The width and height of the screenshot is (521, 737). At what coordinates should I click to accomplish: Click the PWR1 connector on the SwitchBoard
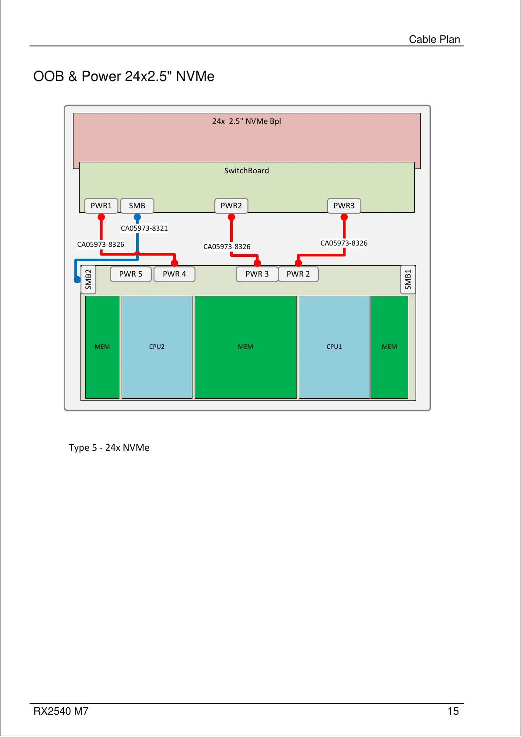pos(101,206)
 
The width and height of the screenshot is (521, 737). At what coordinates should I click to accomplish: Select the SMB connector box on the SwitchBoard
pos(137,206)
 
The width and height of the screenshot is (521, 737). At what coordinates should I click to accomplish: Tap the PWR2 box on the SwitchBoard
pos(231,206)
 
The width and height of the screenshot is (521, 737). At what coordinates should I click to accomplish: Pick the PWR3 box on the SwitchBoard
pos(344,206)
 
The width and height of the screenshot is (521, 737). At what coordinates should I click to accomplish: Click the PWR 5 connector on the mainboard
pos(131,274)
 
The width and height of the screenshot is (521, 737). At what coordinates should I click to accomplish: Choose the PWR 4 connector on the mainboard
pos(174,274)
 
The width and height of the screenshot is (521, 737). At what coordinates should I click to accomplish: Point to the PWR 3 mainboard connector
pos(257,274)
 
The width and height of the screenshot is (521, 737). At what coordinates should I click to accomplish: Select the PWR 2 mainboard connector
pos(298,274)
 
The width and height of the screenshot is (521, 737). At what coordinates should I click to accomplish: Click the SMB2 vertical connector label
pos(88,279)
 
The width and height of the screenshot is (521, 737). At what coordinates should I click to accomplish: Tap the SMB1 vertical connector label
pos(408,279)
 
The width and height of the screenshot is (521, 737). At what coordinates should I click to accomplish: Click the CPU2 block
pos(157,347)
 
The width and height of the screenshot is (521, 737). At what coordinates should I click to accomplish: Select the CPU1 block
pos(334,347)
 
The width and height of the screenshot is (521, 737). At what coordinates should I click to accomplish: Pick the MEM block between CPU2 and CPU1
pos(245,347)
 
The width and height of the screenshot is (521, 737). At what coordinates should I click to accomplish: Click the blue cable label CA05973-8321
pos(144,228)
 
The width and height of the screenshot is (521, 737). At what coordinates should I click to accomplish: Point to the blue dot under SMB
pos(137,217)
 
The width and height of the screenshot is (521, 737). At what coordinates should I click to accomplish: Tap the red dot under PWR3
pos(344,217)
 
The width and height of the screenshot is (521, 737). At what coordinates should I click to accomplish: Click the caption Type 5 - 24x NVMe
pos(109,448)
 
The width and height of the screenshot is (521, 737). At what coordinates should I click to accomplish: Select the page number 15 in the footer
pos(453,711)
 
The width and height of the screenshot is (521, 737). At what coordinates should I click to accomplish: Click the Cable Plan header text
pos(434,39)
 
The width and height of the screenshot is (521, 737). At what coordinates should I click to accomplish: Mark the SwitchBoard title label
pos(247,171)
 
